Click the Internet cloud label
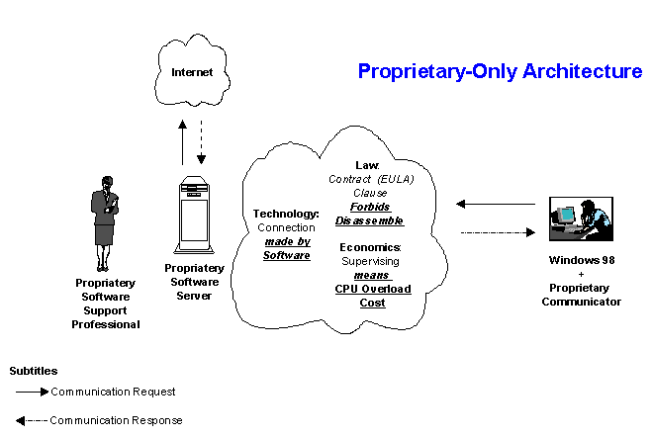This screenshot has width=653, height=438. click(192, 72)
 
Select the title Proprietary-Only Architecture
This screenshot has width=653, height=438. click(500, 71)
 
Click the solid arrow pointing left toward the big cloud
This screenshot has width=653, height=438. click(495, 205)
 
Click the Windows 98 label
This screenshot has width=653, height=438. click(582, 260)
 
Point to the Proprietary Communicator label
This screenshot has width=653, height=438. click(582, 295)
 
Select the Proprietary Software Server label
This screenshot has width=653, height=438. click(194, 281)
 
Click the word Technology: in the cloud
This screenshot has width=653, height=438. click(286, 214)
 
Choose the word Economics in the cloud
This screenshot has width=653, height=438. click(370, 246)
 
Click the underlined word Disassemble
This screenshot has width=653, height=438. click(370, 220)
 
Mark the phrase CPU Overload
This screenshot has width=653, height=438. click(372, 289)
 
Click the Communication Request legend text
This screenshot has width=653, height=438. click(113, 392)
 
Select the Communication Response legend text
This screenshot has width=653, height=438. click(116, 420)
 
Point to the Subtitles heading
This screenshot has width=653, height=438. click(34, 371)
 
